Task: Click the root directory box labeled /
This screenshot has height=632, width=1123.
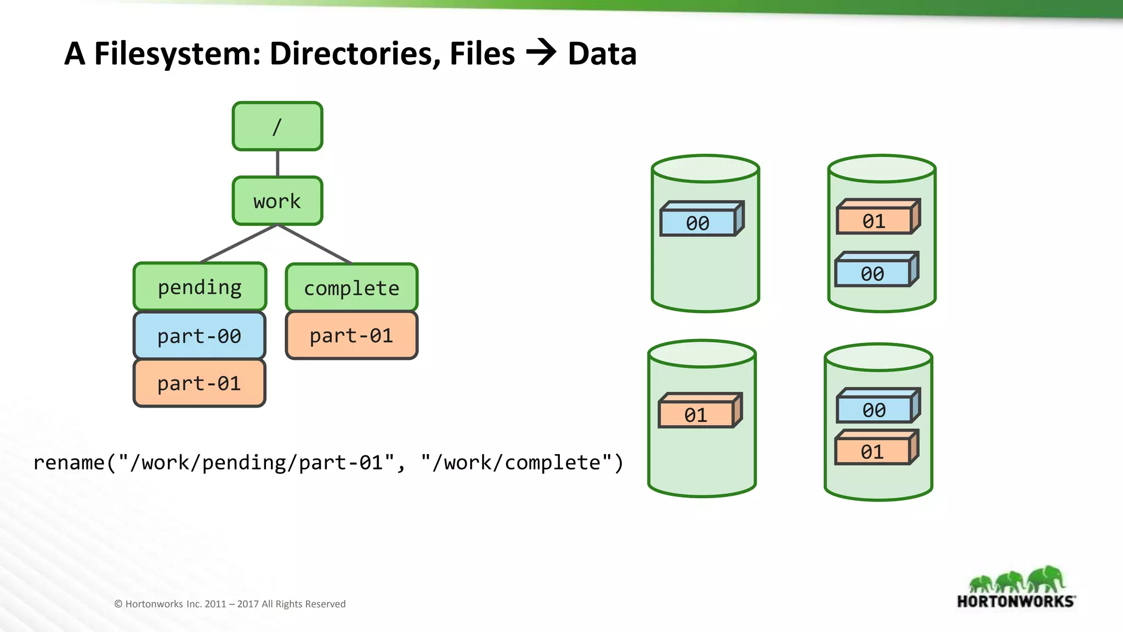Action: click(277, 126)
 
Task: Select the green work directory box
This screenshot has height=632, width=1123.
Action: click(277, 201)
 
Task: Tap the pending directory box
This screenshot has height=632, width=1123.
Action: click(200, 287)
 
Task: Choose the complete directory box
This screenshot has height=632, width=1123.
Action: click(351, 288)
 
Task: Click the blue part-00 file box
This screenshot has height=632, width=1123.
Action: click(200, 336)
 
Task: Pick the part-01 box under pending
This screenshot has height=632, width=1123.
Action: click(200, 383)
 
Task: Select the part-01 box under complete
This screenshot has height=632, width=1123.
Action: click(351, 335)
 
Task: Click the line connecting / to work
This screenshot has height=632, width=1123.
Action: click(277, 163)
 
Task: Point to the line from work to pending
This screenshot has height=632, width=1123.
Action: click(239, 244)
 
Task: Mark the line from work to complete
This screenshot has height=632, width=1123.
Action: click(315, 244)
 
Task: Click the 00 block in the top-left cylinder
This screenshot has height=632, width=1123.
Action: click(698, 222)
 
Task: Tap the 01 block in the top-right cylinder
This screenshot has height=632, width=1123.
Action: click(874, 221)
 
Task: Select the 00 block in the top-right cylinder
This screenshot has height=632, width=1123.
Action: click(872, 273)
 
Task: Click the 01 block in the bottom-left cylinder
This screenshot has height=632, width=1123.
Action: click(696, 414)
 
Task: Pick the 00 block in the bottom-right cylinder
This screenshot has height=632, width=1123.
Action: click(874, 409)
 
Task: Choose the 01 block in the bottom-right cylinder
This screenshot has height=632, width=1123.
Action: click(872, 452)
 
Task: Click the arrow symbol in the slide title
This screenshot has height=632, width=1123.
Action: click(541, 53)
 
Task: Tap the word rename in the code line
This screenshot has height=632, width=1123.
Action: click(69, 462)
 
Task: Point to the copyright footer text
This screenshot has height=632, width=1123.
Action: click(230, 604)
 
